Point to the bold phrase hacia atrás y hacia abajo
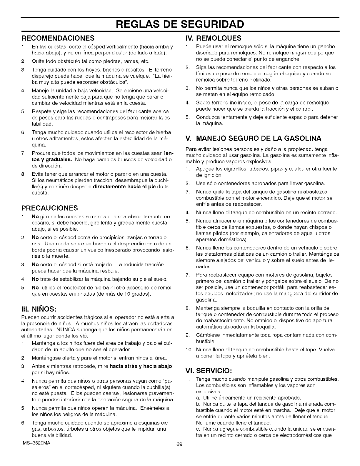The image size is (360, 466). (141, 366)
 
